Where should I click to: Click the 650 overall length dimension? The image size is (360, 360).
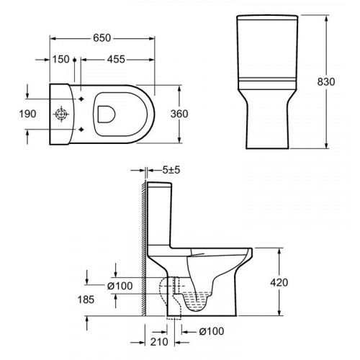coord(102,38)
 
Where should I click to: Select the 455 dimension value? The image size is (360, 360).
coord(116,59)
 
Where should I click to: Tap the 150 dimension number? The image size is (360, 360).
coord(61,59)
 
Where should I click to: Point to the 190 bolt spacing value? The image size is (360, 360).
coord(28,114)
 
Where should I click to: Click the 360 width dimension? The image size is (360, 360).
coord(179,114)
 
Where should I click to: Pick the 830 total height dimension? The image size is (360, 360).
coord(326,82)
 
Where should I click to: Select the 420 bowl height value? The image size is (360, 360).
coord(279,282)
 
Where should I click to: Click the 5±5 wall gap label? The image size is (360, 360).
coord(171,170)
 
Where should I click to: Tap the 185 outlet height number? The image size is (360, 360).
coord(86,300)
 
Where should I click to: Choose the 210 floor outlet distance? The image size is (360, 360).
coord(159,342)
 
